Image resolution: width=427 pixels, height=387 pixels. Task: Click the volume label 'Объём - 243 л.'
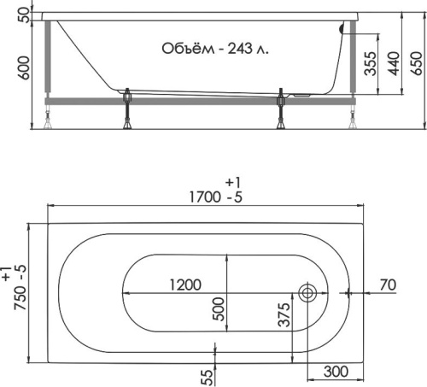coord(215,49)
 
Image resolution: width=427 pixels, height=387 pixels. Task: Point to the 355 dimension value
coord(371,63)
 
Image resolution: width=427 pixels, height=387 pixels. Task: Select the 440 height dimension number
coord(394,63)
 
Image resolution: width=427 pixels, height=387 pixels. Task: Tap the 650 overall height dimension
coord(417,63)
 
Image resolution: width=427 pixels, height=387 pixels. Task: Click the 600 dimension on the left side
coord(23,67)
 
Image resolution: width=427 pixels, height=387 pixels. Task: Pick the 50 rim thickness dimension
coord(24,15)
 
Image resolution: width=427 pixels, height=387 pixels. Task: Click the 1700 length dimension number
coord(205,197)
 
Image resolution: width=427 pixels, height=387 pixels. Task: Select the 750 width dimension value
coord(20,298)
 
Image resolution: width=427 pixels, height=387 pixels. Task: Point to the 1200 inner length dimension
coord(185,284)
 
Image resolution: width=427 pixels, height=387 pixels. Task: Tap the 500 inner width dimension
coord(219,309)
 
